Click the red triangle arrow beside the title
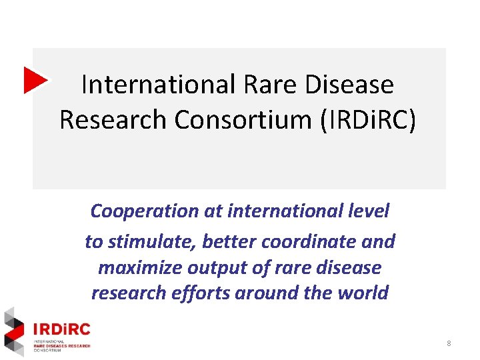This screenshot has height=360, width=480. (x=35, y=80)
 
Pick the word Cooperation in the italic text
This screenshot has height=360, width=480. (x=135, y=211)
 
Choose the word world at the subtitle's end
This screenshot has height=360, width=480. (x=363, y=293)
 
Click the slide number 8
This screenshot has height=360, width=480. (x=449, y=343)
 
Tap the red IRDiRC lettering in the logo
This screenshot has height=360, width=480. (x=61, y=329)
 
